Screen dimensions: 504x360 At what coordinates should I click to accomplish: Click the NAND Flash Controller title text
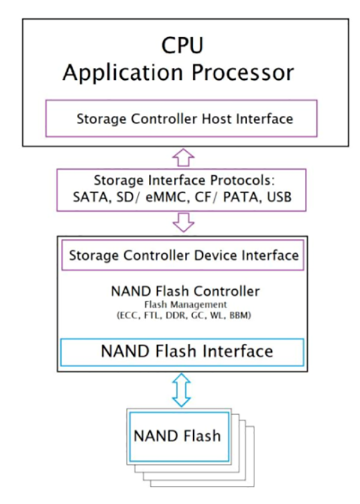[185, 292]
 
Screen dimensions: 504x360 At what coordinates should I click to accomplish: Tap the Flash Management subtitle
[185, 305]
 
